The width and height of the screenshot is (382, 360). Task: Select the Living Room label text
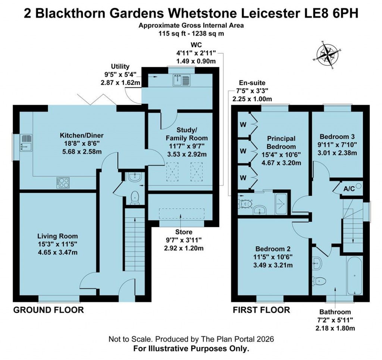[x=57, y=236]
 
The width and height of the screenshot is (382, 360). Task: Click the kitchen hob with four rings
[x=63, y=182]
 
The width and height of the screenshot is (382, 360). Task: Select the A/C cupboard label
[x=349, y=188]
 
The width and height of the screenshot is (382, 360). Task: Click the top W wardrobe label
[x=243, y=124]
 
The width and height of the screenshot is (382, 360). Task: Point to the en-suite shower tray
[x=281, y=203]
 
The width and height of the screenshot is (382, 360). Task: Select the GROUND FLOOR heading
[x=48, y=310]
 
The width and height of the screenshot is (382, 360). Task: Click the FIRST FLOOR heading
[x=261, y=310]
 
